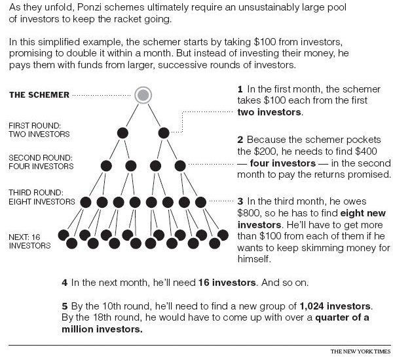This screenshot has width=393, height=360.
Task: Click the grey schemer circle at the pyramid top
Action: (x=143, y=95)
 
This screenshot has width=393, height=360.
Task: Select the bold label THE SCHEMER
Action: (x=39, y=95)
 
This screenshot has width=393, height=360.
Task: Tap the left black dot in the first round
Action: (x=122, y=133)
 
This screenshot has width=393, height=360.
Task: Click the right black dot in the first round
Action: (x=164, y=133)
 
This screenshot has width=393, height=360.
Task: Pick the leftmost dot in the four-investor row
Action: (x=106, y=166)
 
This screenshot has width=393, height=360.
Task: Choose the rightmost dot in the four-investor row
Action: (x=180, y=166)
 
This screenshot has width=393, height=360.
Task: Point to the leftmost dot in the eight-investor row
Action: (x=85, y=202)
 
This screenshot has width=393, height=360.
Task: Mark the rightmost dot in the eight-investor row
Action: (x=200, y=202)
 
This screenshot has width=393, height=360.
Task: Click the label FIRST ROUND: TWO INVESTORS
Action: (x=39, y=130)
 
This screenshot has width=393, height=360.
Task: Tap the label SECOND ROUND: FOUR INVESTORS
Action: (x=41, y=162)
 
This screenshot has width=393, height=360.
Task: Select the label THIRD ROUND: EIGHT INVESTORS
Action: (x=42, y=197)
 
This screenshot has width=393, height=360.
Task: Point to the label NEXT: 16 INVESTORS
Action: (x=29, y=241)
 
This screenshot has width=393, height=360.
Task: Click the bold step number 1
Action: (x=240, y=89)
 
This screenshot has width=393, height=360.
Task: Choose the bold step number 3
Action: (x=240, y=201)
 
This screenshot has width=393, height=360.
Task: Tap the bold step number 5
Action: (x=65, y=306)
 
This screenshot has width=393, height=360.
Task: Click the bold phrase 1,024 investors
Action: (x=335, y=306)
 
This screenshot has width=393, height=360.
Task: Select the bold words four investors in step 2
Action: (x=283, y=163)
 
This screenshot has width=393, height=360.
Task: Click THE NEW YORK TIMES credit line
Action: (x=361, y=351)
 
